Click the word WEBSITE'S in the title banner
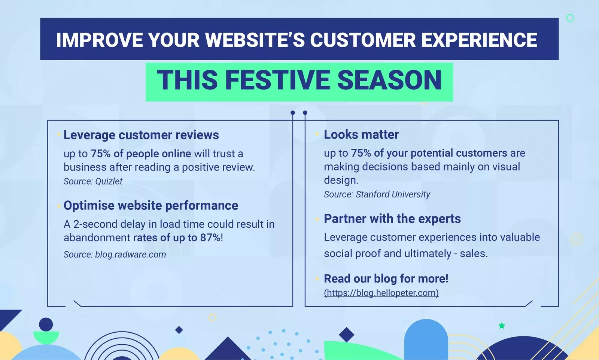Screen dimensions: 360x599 pos(255,40)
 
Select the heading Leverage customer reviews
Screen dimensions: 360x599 pos(141,135)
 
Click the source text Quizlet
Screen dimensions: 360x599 pos(109,181)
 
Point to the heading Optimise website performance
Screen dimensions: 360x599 pos(151,205)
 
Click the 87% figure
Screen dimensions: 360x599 pos(210,238)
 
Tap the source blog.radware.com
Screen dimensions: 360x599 pos(130,254)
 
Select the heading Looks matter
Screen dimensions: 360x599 pos(361,134)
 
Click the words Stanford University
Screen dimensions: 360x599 pos(393,194)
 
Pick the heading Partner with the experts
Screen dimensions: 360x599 pos(392,219)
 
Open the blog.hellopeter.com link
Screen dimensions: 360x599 pos(381,293)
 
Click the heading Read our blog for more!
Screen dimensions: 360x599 pos(386,279)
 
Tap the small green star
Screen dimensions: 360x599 pos(502,326)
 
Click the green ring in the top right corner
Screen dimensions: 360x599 pos(570,18)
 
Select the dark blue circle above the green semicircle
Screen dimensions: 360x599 pos(46,324)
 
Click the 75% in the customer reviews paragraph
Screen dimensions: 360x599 pos(100,154)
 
